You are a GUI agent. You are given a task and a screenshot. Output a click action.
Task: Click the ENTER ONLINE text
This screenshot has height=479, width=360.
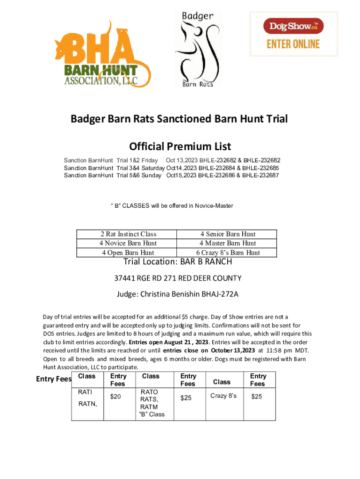coord(293,44)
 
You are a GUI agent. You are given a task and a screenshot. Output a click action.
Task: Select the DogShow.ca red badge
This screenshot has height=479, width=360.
coord(293,26)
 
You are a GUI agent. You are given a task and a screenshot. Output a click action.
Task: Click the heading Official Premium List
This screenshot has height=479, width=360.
coord(180,146)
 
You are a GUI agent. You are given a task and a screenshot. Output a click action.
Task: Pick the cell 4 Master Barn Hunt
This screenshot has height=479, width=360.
coord(228,243)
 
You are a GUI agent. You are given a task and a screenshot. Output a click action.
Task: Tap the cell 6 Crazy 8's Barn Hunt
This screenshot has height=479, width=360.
coord(228,253)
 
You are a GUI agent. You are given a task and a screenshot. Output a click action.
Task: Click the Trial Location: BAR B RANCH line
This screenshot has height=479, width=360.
coord(177,261)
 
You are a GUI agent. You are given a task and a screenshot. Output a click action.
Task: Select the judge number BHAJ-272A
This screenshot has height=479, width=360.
coord(220,294)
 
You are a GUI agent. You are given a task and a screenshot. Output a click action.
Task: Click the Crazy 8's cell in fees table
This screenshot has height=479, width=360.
coord(223,396)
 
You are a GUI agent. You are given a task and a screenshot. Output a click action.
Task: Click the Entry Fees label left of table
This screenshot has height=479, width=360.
coord(53,379)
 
